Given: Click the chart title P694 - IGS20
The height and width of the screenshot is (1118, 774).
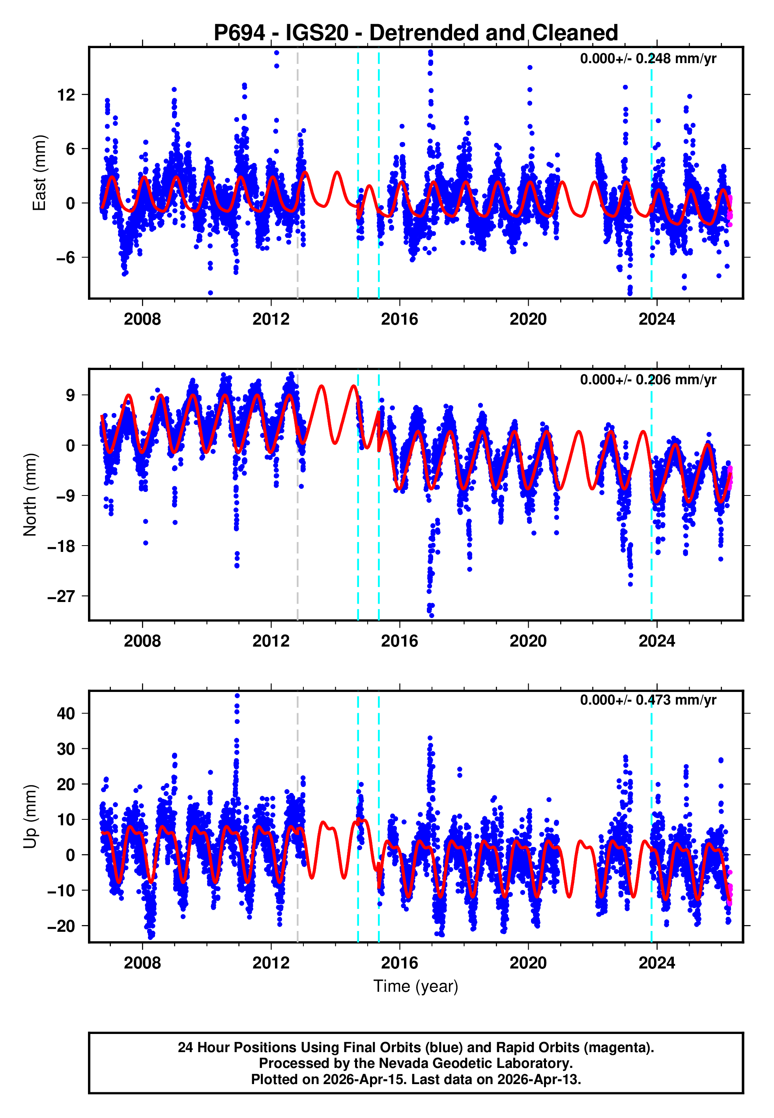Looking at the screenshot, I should [416, 33].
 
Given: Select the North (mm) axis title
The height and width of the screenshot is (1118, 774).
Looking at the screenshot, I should [30, 495].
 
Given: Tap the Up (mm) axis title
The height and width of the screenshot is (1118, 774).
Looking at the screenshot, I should [30, 817].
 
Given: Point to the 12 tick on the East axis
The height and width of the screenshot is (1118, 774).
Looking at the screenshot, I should [66, 95].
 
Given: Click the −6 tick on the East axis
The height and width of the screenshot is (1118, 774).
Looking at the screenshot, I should [65, 258].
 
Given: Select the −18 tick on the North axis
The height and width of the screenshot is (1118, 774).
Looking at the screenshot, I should [61, 546].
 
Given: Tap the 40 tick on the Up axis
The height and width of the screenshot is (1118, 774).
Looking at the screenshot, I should [66, 713].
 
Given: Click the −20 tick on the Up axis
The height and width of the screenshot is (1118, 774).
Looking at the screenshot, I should [61, 925].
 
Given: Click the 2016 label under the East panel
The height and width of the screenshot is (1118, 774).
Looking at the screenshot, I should [399, 319].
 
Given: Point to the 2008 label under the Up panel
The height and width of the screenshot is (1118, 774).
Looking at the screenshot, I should [142, 963].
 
